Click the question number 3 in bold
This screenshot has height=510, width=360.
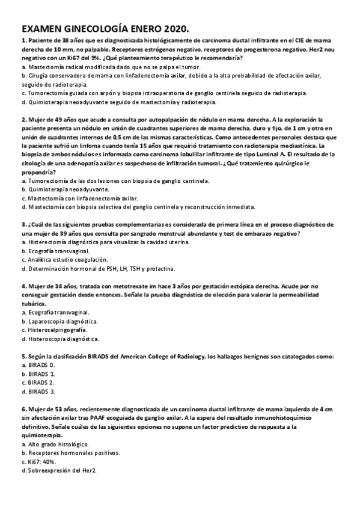(x=23, y=224)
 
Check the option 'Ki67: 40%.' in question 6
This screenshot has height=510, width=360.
(x=41, y=462)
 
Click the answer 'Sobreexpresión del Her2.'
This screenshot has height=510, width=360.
(x=61, y=471)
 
